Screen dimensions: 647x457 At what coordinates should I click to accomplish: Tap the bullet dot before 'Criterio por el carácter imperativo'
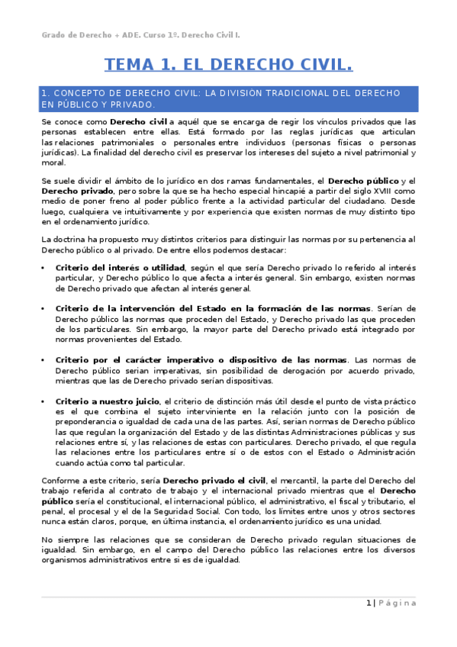(x=43, y=359)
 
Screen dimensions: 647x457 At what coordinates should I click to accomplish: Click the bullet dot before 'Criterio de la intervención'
(x=43, y=308)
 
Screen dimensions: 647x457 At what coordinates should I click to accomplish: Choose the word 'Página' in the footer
(x=397, y=603)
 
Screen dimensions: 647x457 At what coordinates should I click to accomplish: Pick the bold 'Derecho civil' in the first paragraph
(x=138, y=121)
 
